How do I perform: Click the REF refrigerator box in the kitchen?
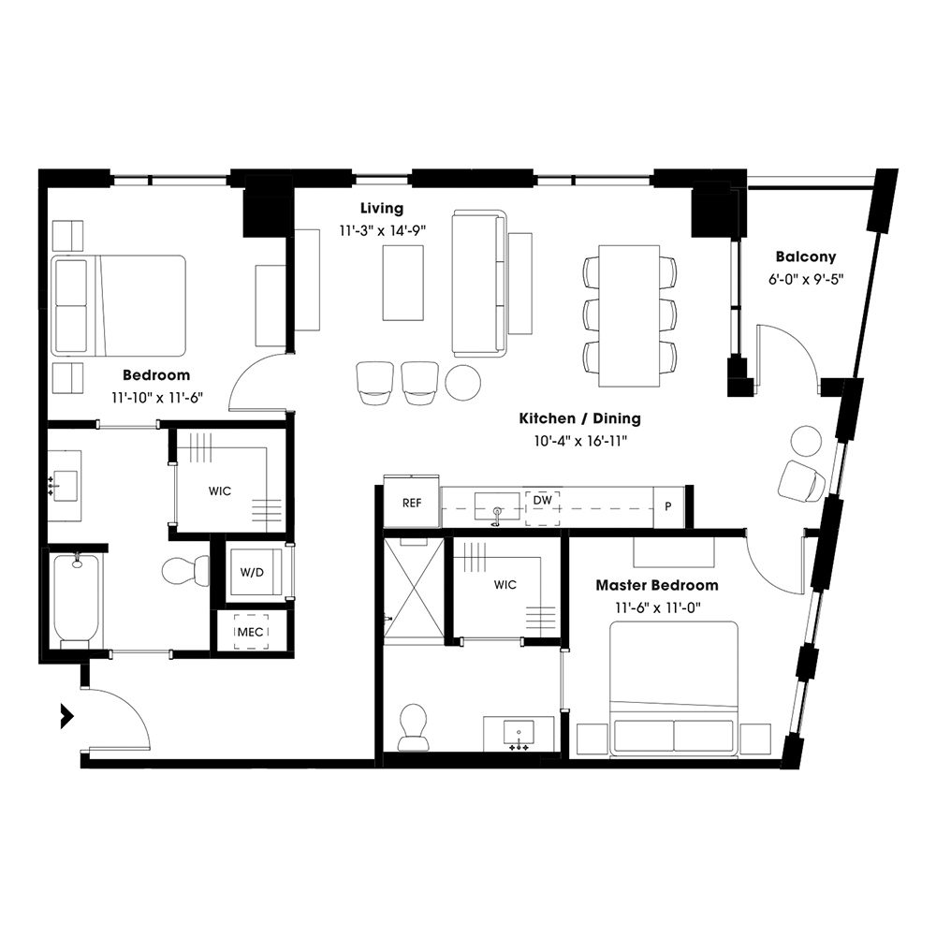pyautogui.click(x=412, y=504)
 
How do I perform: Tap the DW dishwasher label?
pyautogui.click(x=542, y=501)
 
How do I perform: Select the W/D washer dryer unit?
pyautogui.click(x=251, y=572)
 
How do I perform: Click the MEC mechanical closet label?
pyautogui.click(x=250, y=632)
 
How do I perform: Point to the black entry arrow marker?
pyautogui.click(x=66, y=716)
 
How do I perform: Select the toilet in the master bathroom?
pyautogui.click(x=413, y=726)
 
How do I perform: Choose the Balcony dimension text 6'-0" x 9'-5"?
pyautogui.click(x=805, y=279)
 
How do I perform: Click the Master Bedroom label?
pyautogui.click(x=657, y=586)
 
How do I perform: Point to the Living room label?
pyautogui.click(x=382, y=208)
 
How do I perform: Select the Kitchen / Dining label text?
pyautogui.click(x=580, y=419)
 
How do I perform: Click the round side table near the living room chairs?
pyautogui.click(x=463, y=381)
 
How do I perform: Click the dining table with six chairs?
pyautogui.click(x=629, y=315)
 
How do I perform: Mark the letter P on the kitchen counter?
pyautogui.click(x=668, y=506)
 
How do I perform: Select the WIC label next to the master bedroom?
pyautogui.click(x=505, y=585)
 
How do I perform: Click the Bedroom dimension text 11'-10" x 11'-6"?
pyautogui.click(x=156, y=397)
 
